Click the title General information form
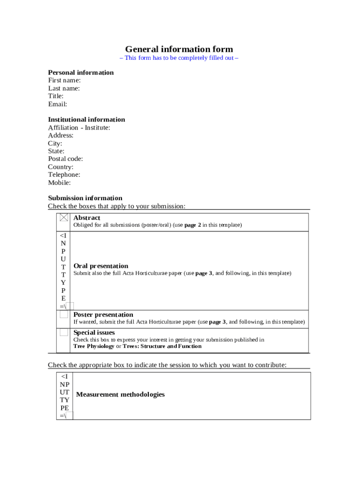(179, 49)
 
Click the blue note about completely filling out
(179, 58)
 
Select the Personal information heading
(80, 73)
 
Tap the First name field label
(64, 80)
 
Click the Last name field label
(64, 88)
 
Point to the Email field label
(58, 104)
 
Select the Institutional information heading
(86, 119)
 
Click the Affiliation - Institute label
(79, 128)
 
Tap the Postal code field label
(65, 159)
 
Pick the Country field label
(61, 167)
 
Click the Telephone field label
(64, 174)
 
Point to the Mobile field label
(59, 182)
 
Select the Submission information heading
(85, 198)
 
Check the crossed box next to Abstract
(64, 218)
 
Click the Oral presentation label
(101, 266)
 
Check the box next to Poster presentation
(64, 314)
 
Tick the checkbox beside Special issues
(64, 333)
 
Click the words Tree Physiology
(94, 346)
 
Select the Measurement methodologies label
(120, 394)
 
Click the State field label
(56, 151)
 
